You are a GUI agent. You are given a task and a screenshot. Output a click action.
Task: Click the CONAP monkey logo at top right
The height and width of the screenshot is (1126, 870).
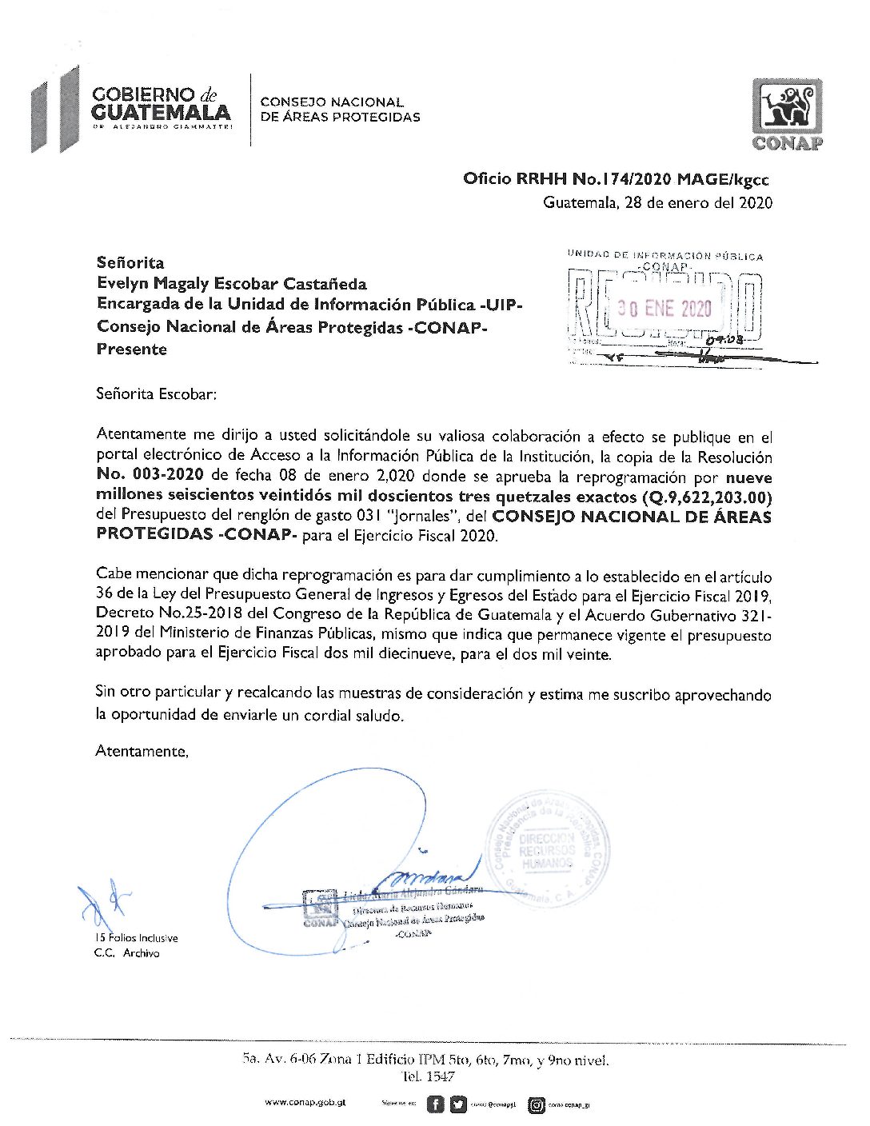pyautogui.click(x=787, y=114)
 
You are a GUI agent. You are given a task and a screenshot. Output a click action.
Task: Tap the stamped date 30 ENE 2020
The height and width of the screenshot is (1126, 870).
pyautogui.click(x=664, y=309)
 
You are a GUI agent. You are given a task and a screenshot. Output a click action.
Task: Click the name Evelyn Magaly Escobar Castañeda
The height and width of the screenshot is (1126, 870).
pyautogui.click(x=232, y=284)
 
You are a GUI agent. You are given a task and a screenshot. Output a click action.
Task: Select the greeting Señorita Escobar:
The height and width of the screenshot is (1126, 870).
pyautogui.click(x=156, y=394)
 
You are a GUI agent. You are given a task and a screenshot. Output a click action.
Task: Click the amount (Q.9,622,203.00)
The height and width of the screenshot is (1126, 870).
pyautogui.click(x=707, y=497)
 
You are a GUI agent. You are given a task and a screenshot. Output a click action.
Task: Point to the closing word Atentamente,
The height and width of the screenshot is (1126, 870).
pyautogui.click(x=142, y=751)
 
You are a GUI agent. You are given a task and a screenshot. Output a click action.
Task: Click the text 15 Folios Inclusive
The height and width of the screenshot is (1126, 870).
pyautogui.click(x=136, y=938)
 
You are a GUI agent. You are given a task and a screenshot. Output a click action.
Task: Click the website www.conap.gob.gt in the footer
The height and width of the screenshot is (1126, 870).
pyautogui.click(x=305, y=1103)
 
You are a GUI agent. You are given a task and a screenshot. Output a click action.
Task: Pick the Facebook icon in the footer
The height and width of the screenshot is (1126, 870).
pyautogui.click(x=435, y=1104)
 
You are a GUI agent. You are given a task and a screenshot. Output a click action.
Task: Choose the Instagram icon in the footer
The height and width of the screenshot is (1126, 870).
pyautogui.click(x=537, y=1105)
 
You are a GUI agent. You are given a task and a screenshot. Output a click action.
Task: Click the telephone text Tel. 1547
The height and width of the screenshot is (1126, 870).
pyautogui.click(x=429, y=1077)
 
